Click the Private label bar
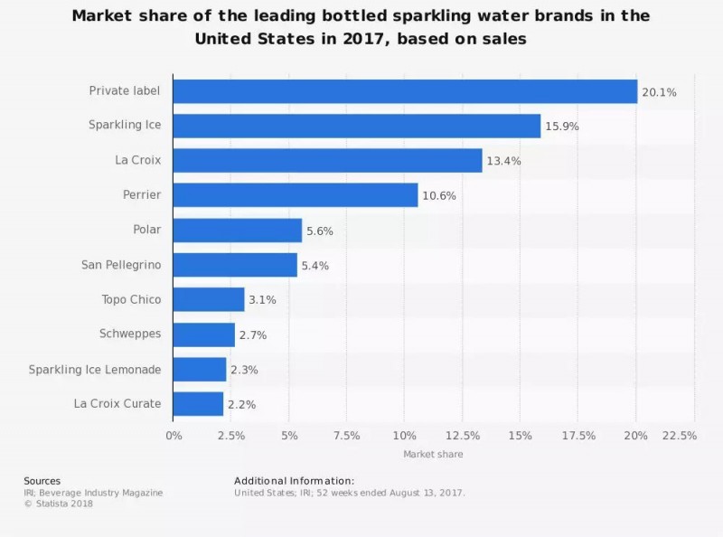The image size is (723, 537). [x=405, y=91]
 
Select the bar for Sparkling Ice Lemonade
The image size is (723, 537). [x=200, y=369]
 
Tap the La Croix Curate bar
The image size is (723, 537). [x=198, y=403]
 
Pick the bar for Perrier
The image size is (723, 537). [x=296, y=195]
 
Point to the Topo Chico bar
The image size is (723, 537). [x=209, y=299]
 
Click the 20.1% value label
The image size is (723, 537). [x=659, y=92]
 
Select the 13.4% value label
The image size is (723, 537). [x=503, y=161]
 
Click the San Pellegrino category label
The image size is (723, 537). [x=121, y=265]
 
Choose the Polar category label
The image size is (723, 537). [x=146, y=230]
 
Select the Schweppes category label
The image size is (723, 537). [x=130, y=334]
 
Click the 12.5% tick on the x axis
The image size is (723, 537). [x=463, y=436]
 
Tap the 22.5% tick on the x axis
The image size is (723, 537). [x=679, y=436]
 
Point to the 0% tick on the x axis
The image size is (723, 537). [x=174, y=436]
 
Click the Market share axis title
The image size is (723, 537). [x=433, y=454]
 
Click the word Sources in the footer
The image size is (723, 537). [x=42, y=480]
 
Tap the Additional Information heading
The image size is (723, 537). [x=294, y=480]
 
